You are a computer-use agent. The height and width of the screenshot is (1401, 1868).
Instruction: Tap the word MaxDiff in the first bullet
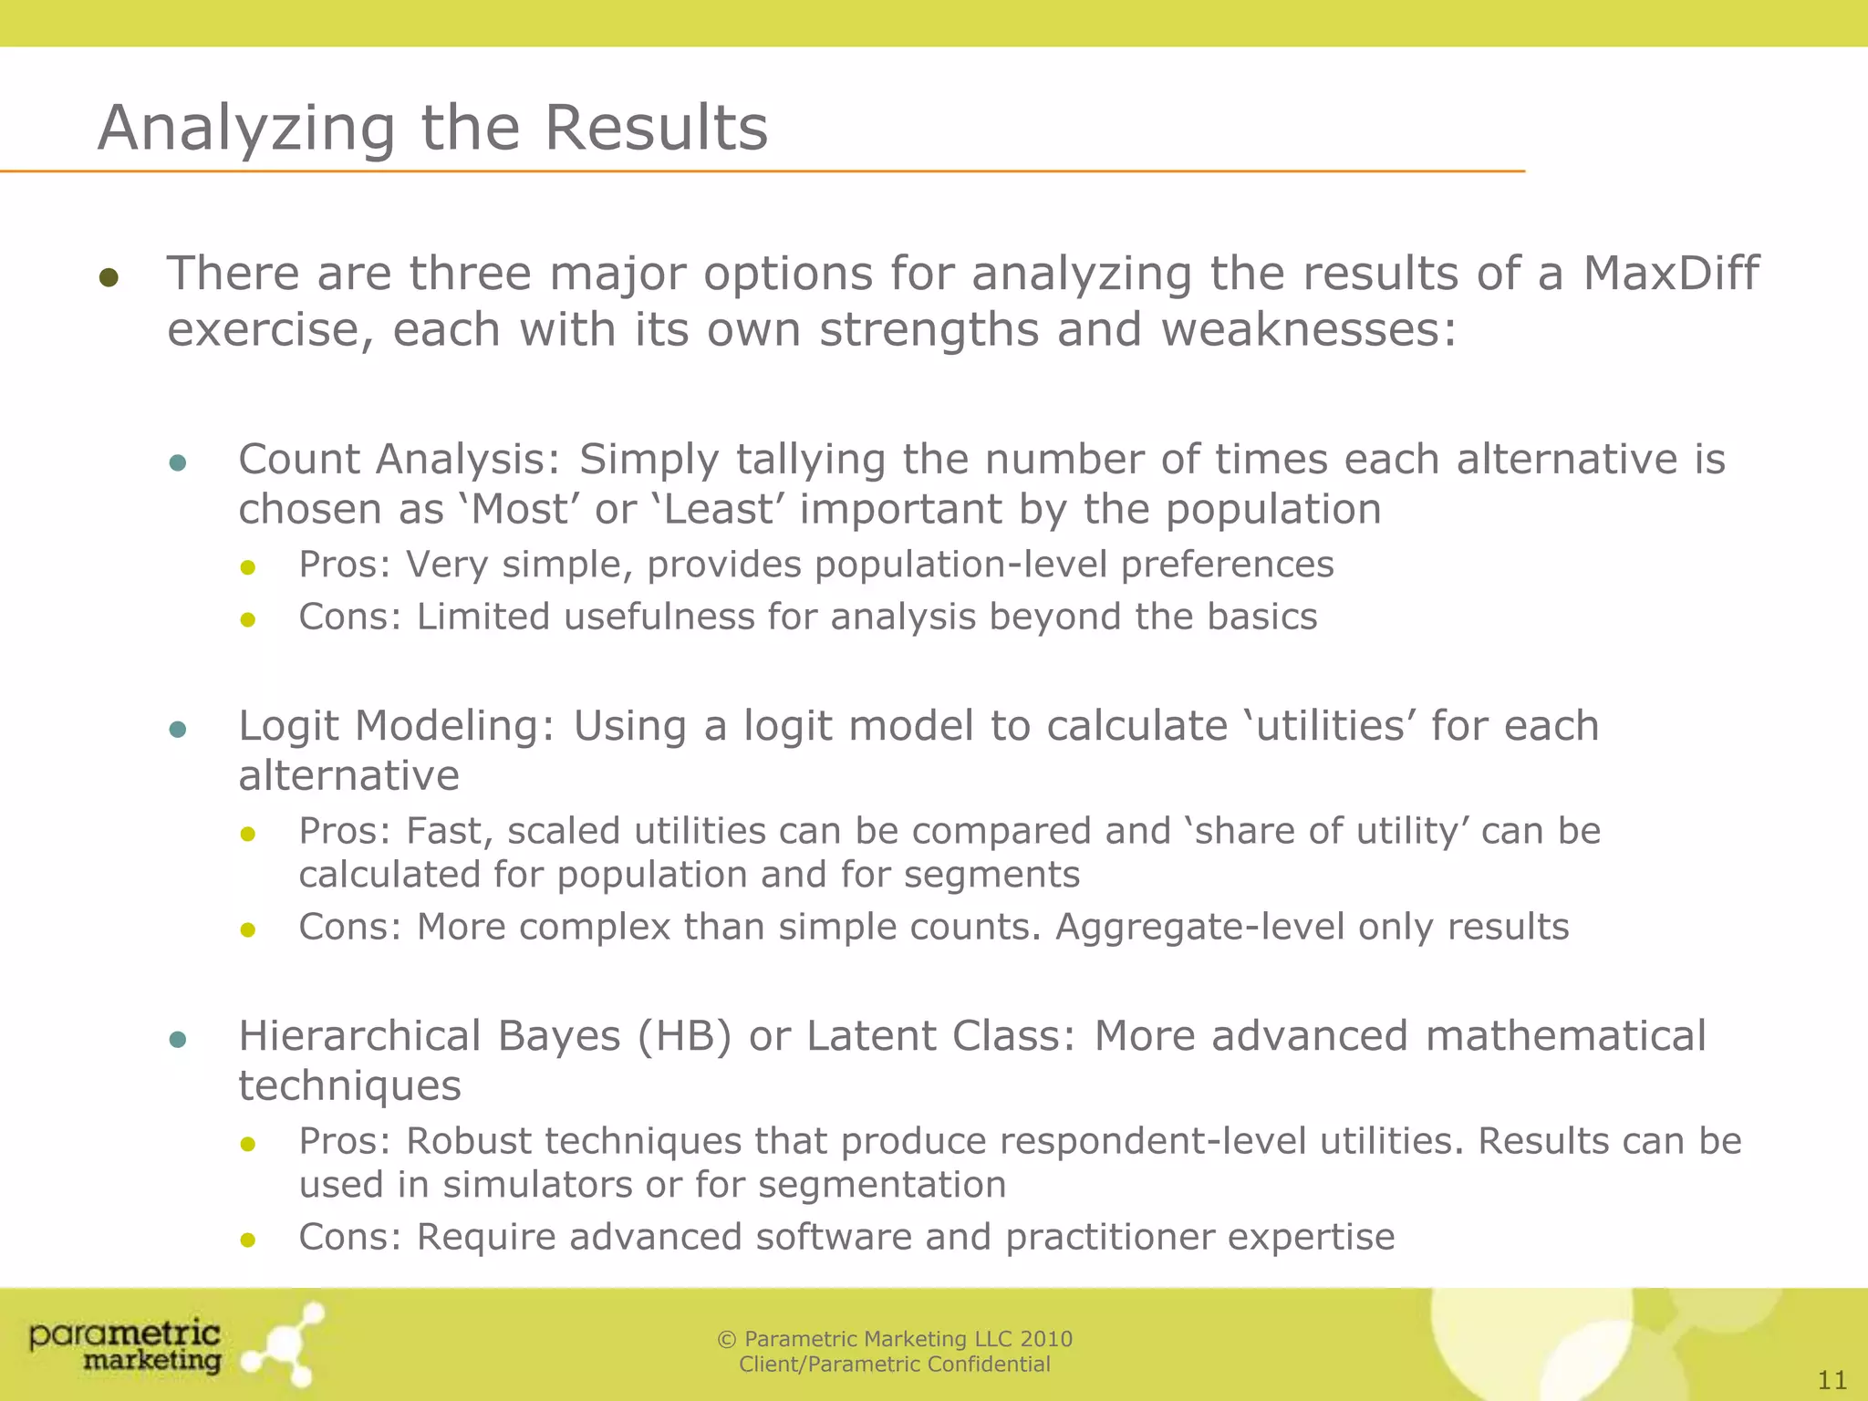point(1670,273)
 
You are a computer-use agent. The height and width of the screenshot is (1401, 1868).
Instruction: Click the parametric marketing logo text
point(125,1346)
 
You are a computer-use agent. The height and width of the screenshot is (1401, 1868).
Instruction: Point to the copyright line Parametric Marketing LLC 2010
point(895,1339)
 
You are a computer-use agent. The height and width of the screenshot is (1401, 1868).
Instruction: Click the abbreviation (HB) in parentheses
point(684,1036)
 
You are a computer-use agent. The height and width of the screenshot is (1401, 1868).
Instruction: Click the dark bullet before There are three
point(109,277)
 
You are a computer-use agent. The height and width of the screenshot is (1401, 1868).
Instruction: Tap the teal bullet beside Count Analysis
point(178,463)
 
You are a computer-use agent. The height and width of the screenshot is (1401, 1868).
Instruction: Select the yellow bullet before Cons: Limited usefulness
point(247,620)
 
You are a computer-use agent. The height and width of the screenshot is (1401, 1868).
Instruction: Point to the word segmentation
point(882,1185)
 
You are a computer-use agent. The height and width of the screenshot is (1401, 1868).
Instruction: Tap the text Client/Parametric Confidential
point(895,1365)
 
